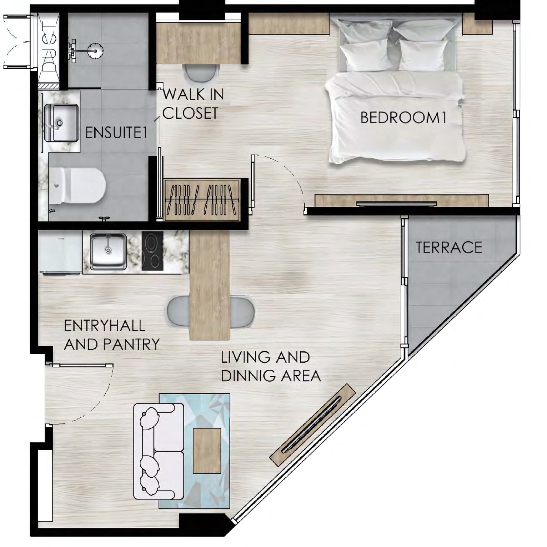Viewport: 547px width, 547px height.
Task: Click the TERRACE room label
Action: point(449,247)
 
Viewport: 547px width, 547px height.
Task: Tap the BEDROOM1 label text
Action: point(403,118)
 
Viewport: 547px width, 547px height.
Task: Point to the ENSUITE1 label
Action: point(116,133)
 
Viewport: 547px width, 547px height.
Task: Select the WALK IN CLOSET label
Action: point(193,104)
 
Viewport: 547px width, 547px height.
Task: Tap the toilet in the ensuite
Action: point(78,186)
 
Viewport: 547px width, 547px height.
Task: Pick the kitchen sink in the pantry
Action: point(108,251)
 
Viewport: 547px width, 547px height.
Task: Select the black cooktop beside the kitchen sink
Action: point(152,251)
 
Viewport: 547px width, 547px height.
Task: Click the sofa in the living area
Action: point(159,451)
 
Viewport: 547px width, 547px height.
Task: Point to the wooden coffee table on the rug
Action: point(207,451)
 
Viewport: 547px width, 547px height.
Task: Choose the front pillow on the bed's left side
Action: point(364,57)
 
